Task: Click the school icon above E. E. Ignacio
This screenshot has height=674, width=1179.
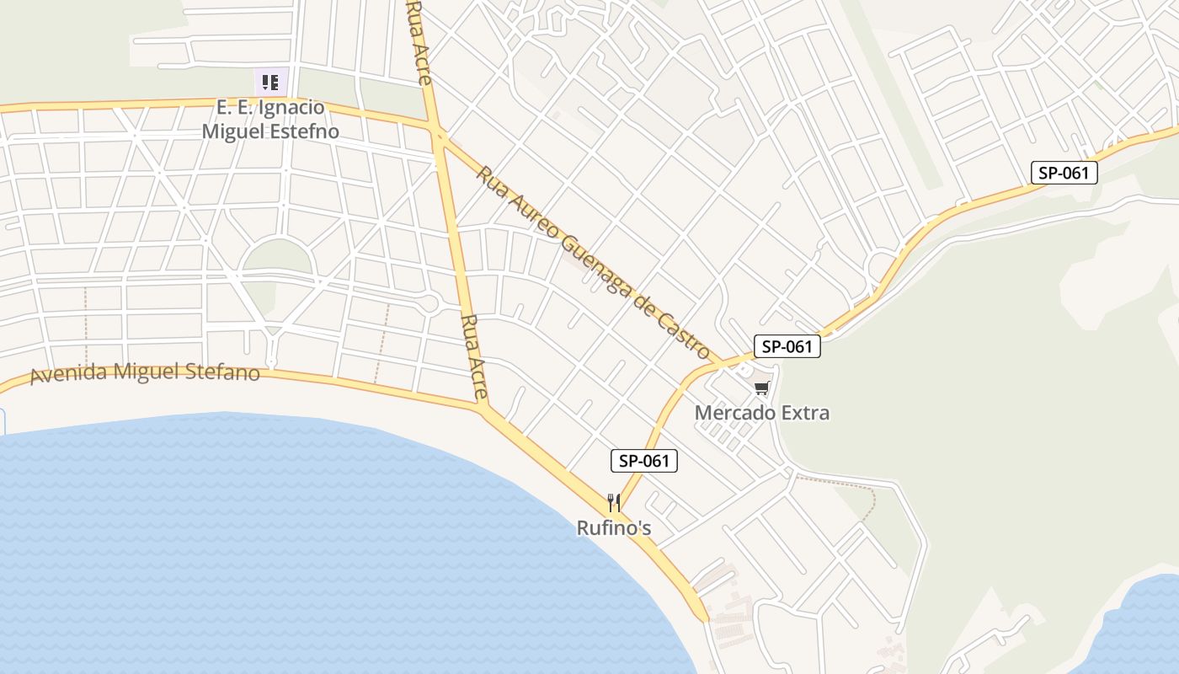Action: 270,83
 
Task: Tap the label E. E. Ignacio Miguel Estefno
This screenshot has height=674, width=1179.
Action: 270,120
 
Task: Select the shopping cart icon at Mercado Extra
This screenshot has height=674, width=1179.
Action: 761,388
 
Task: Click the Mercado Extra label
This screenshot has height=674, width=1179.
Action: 761,413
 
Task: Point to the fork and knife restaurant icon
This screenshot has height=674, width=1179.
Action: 614,503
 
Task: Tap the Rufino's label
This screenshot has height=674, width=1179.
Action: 614,528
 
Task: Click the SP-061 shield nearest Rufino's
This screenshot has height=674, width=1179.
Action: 644,460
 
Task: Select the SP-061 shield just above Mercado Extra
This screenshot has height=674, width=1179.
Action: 787,346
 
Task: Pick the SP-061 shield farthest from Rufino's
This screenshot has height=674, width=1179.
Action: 1064,173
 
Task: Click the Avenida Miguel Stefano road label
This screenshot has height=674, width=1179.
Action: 145,372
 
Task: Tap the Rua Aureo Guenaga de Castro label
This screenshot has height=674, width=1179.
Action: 594,262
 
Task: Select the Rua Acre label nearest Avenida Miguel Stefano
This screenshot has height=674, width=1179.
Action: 475,356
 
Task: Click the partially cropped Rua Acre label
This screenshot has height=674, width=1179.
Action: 419,42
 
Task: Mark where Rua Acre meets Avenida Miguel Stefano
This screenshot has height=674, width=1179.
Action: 484,409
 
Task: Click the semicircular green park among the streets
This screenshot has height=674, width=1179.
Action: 278,257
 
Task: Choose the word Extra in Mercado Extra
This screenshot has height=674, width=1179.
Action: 804,413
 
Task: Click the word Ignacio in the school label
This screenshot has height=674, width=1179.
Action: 291,108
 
